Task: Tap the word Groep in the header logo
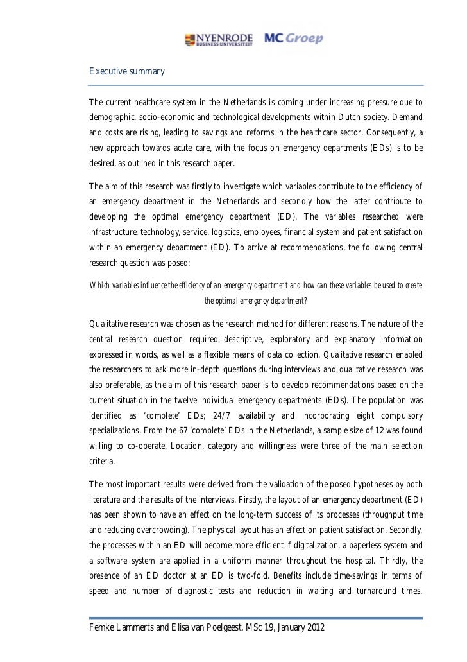pos(307,39)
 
